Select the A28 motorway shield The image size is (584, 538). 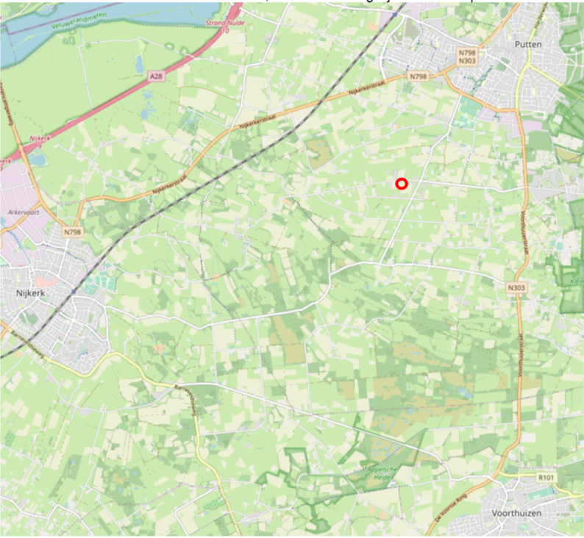coord(155,76)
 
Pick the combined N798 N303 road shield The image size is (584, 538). coord(466,57)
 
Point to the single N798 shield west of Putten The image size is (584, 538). coord(419,76)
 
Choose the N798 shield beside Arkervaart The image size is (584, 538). coord(72,232)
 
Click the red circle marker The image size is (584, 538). coord(402,184)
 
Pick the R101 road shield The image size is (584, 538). coord(545,478)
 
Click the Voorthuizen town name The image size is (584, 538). coord(528,514)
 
